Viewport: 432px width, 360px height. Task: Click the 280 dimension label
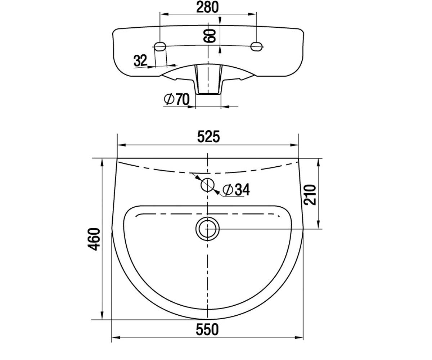pyautogui.click(x=207, y=7)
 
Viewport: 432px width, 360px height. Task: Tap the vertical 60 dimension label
pyautogui.click(x=210, y=36)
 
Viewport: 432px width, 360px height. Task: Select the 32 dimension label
pyautogui.click(x=140, y=60)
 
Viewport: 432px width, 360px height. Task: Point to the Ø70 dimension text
pyautogui.click(x=177, y=99)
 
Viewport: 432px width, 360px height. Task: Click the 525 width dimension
pyautogui.click(x=208, y=137)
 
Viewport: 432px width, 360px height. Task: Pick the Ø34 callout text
pyautogui.click(x=236, y=189)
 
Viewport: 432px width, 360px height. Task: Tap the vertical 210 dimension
pyautogui.click(x=310, y=194)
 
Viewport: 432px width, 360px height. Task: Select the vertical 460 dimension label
pyautogui.click(x=94, y=239)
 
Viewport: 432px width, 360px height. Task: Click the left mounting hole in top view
pyautogui.click(x=160, y=46)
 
